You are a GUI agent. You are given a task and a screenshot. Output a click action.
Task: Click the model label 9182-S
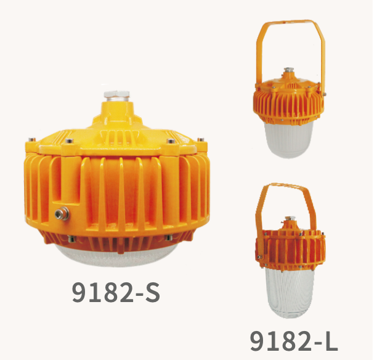[x=116, y=292]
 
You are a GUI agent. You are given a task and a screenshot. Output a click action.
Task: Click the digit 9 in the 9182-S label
[x=79, y=292]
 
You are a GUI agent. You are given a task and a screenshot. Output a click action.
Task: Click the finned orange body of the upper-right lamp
[x=288, y=101]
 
